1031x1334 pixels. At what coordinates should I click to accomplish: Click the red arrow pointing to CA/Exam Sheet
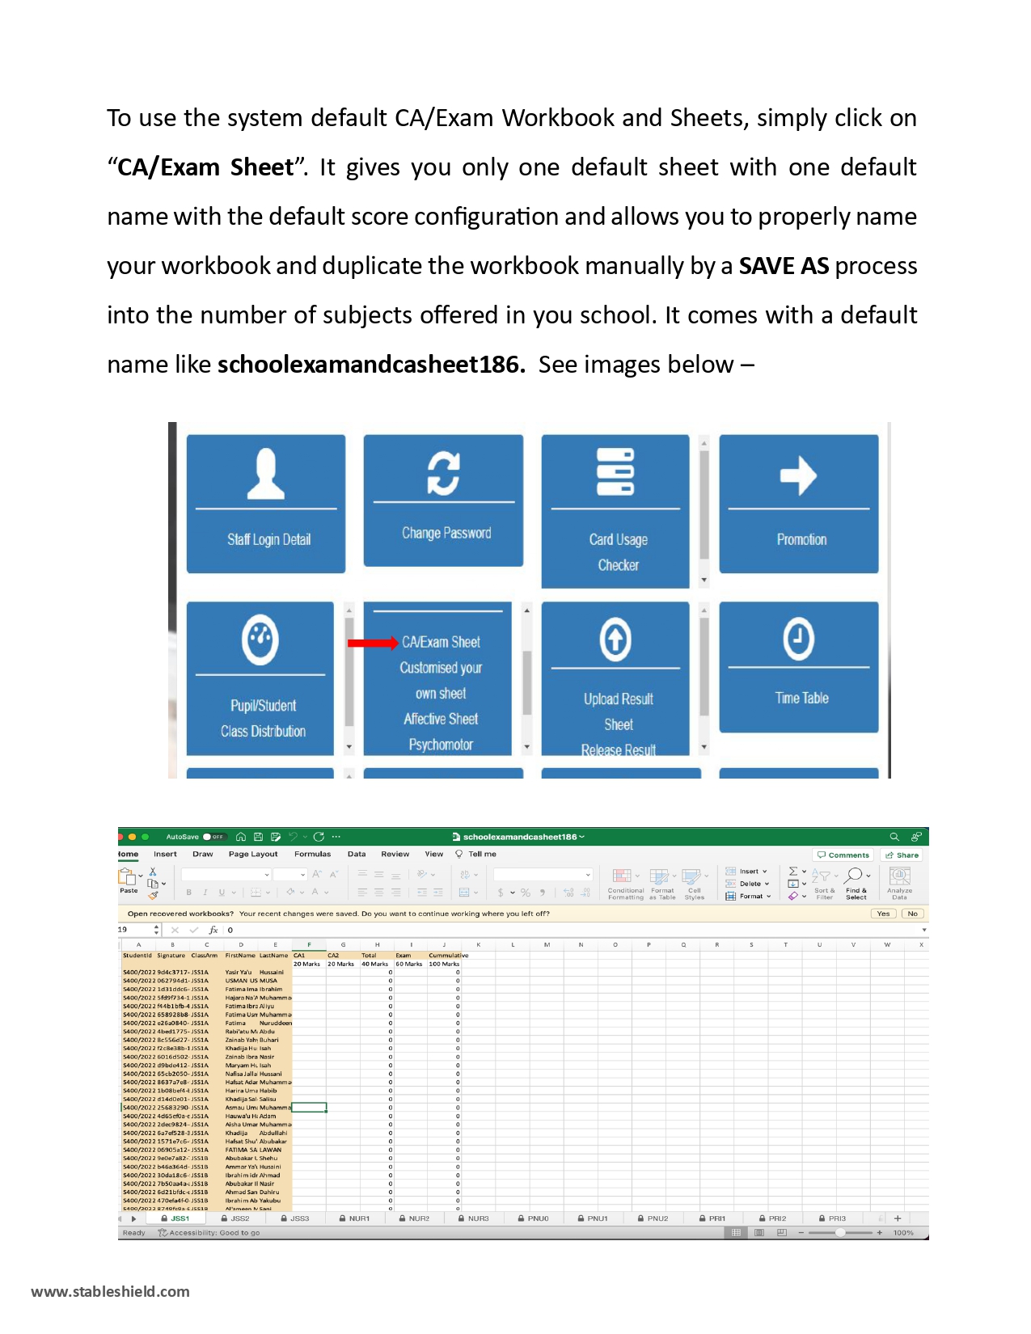coord(372,644)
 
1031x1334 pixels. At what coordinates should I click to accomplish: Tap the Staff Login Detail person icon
coord(266,475)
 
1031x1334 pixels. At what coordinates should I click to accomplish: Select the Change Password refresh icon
coord(443,473)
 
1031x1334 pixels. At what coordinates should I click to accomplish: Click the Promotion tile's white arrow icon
coord(798,475)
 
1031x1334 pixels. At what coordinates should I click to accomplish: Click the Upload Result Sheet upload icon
coord(615,640)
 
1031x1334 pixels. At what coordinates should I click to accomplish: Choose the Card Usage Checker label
coord(619,552)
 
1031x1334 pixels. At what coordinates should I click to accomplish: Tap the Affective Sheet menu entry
coord(441,719)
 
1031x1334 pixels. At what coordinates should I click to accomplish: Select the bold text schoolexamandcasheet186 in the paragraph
coord(371,365)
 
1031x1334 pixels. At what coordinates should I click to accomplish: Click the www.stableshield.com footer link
coord(110,1291)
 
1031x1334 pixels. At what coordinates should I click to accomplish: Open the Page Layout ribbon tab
coord(253,854)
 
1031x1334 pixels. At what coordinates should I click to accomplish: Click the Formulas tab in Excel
coord(312,854)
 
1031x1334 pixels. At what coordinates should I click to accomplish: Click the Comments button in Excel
coord(843,855)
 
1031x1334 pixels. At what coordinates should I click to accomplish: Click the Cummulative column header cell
coord(448,956)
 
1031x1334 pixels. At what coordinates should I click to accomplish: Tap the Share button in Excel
coord(902,855)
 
